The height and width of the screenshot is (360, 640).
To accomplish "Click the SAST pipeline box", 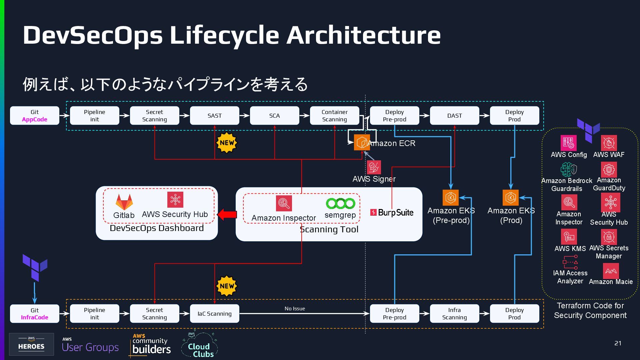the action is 214,116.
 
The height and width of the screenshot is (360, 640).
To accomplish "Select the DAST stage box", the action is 454,116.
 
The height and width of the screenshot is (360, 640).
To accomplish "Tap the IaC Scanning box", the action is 214,314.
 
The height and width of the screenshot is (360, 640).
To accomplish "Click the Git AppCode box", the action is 35,116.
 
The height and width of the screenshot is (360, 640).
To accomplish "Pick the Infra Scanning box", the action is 454,314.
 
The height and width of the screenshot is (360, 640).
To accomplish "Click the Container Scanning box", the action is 334,116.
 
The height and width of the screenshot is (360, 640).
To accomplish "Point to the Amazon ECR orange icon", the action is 362,143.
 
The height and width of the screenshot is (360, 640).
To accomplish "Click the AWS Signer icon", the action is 374,167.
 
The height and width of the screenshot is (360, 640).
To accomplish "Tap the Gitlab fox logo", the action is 124,202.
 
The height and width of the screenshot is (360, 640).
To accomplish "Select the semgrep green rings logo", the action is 340,203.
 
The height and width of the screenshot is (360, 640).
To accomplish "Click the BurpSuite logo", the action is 392,212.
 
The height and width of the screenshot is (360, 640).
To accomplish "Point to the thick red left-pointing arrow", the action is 227,215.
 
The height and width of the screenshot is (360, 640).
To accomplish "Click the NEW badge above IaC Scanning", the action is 227,286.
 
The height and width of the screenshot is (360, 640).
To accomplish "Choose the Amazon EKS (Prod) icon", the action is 511,198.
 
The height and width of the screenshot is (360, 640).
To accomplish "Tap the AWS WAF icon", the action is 609,143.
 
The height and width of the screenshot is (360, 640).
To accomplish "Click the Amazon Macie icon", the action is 611,271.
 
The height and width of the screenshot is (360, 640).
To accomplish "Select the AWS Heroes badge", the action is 31,344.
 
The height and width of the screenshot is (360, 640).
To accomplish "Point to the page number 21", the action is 618,343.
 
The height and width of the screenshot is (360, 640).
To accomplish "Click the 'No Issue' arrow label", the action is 295,309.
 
